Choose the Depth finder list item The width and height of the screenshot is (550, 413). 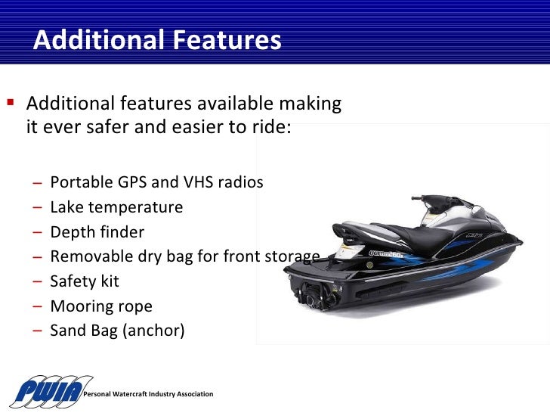[x=97, y=232]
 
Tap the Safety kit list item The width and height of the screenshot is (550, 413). [x=85, y=281]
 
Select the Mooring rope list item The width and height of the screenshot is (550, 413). [x=101, y=306]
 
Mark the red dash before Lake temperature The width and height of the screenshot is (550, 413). [x=38, y=207]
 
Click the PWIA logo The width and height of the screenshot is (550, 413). [x=50, y=390]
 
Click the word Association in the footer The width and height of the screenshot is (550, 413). [x=194, y=395]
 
